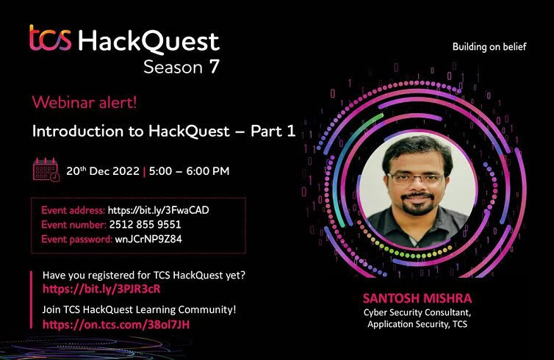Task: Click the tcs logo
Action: [51, 37]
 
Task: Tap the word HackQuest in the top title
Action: [148, 42]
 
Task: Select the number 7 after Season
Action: [214, 66]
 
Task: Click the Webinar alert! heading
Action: [84, 102]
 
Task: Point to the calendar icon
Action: [46, 170]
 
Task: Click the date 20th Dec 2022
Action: [103, 171]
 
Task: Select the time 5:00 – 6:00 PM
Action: [189, 171]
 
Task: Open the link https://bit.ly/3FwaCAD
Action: [158, 210]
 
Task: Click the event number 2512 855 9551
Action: [145, 225]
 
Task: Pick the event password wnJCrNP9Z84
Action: [148, 240]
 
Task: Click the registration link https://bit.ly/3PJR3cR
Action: [101, 289]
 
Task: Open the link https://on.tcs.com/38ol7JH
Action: [116, 324]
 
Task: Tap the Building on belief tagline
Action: [489, 47]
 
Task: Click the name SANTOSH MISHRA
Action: [417, 298]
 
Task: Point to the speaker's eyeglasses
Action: [416, 179]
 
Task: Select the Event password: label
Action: [76, 240]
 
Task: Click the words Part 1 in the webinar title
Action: [273, 131]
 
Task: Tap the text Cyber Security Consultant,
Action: [417, 313]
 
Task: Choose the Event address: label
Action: [73, 210]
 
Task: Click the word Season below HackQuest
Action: [173, 67]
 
